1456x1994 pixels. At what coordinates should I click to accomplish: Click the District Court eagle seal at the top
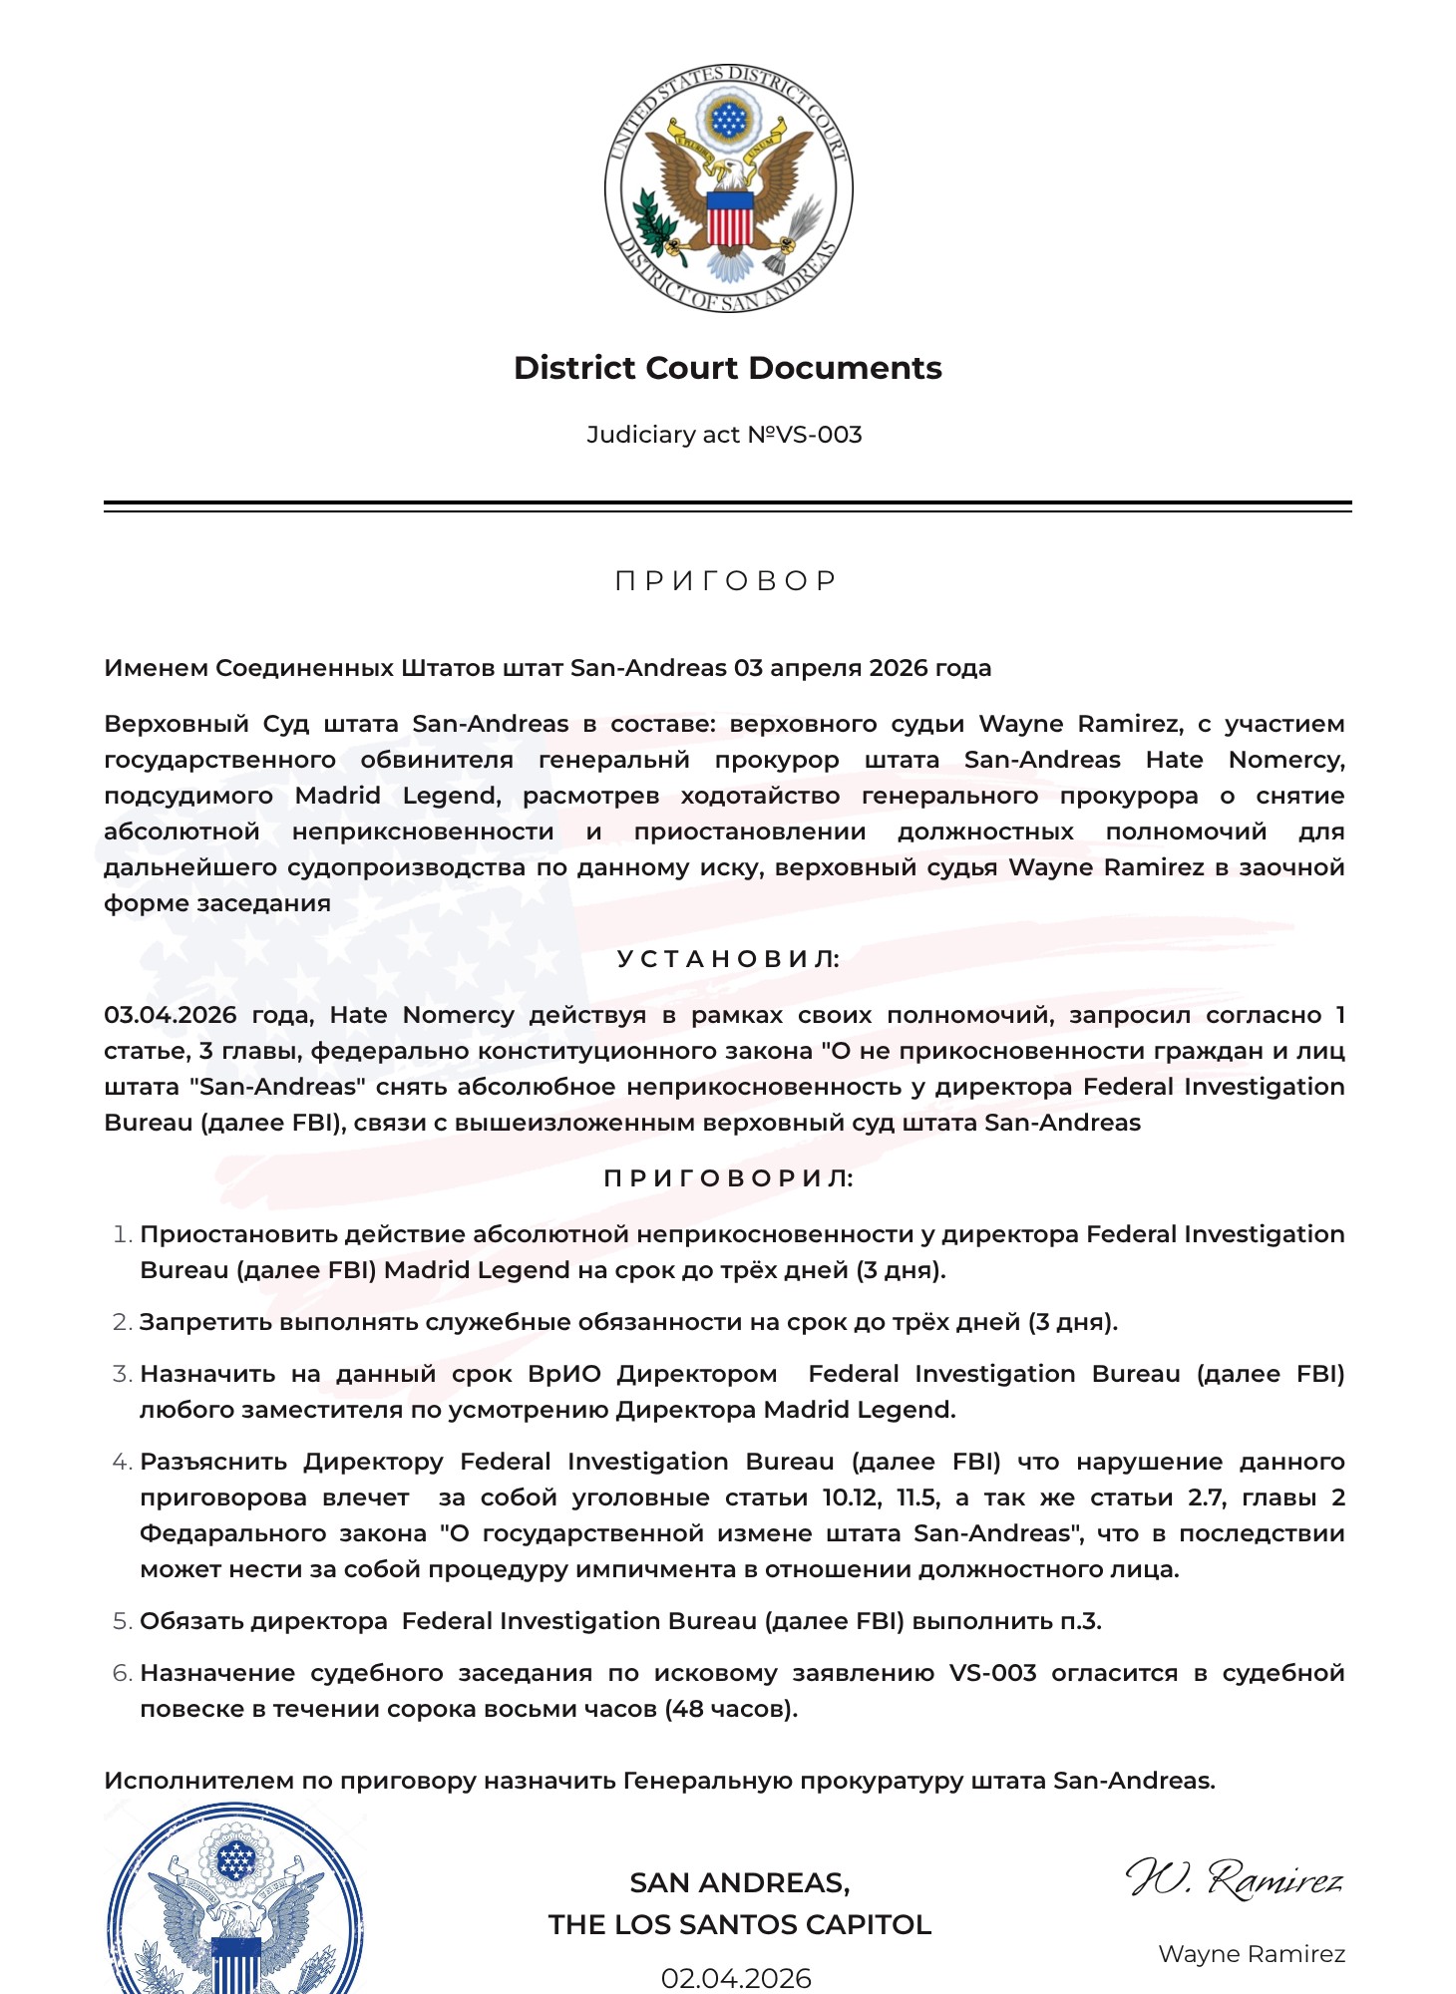point(728,188)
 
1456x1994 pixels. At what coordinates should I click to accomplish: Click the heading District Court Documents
point(728,368)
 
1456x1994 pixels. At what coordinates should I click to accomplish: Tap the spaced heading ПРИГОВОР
point(728,580)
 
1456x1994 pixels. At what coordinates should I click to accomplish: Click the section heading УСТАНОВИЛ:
point(728,959)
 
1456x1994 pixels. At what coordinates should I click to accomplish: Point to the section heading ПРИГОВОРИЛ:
point(728,1178)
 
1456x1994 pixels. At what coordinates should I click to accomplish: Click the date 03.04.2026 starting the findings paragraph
point(170,1015)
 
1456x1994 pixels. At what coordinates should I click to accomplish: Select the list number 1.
point(122,1234)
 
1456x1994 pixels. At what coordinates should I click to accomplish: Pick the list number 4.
point(122,1462)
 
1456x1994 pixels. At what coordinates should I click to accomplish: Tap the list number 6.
point(122,1673)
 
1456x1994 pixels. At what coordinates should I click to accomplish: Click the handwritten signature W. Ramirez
point(1235,1878)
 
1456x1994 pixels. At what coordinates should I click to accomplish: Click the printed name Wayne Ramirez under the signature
point(1252,1954)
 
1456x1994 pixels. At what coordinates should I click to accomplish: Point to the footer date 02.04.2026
point(736,1978)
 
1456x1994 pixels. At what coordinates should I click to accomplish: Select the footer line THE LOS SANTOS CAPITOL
point(739,1924)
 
